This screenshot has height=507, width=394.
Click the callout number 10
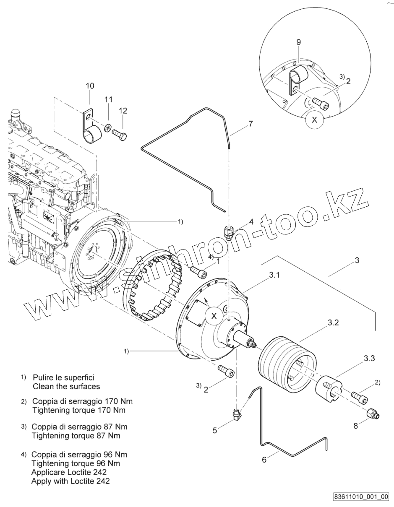[x=90, y=86]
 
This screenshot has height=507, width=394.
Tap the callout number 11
[x=109, y=99]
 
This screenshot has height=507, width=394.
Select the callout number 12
[x=123, y=111]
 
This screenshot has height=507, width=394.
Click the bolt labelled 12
[x=120, y=135]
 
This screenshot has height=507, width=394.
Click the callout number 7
[x=250, y=124]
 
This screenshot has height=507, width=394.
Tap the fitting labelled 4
[x=228, y=231]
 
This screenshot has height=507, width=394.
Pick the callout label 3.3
[x=369, y=358]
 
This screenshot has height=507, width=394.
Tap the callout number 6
[x=264, y=460]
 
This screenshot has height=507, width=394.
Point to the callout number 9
[x=298, y=42]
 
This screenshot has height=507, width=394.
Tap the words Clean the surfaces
[x=66, y=386]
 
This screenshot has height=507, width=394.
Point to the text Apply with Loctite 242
[x=70, y=481]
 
